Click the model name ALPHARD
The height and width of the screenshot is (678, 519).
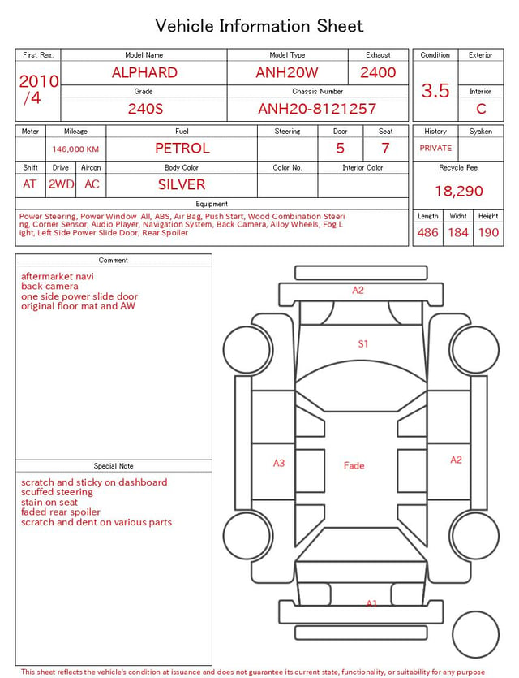pyautogui.click(x=144, y=72)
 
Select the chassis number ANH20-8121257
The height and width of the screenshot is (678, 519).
pyautogui.click(x=317, y=109)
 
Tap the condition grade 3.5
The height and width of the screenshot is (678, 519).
pyautogui.click(x=435, y=91)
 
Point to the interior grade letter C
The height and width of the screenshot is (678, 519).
pyautogui.click(x=481, y=109)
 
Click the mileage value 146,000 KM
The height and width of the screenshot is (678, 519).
pyautogui.click(x=75, y=149)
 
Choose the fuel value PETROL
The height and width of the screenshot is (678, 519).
pyautogui.click(x=182, y=149)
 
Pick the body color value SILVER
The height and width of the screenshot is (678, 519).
pyautogui.click(x=182, y=184)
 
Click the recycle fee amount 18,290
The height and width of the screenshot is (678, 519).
pyautogui.click(x=458, y=191)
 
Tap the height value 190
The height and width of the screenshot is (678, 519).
pyautogui.click(x=488, y=232)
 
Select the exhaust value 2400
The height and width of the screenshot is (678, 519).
pyautogui.click(x=378, y=72)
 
